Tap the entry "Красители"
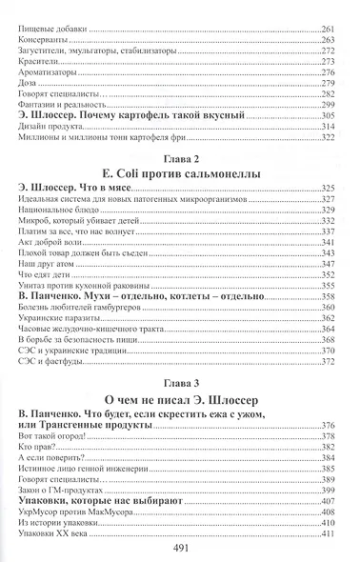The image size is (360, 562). point(37,70)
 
